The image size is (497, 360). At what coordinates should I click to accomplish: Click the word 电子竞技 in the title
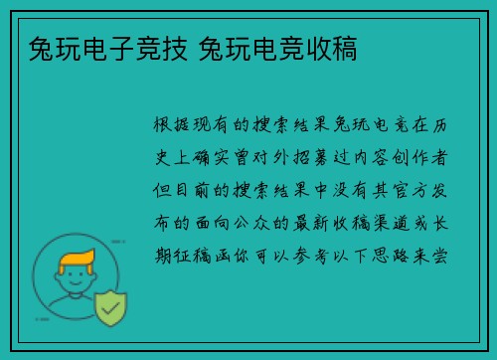click(113, 48)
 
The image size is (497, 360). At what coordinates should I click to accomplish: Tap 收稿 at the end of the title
click(334, 48)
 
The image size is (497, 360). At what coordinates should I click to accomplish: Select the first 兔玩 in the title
click(42, 48)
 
